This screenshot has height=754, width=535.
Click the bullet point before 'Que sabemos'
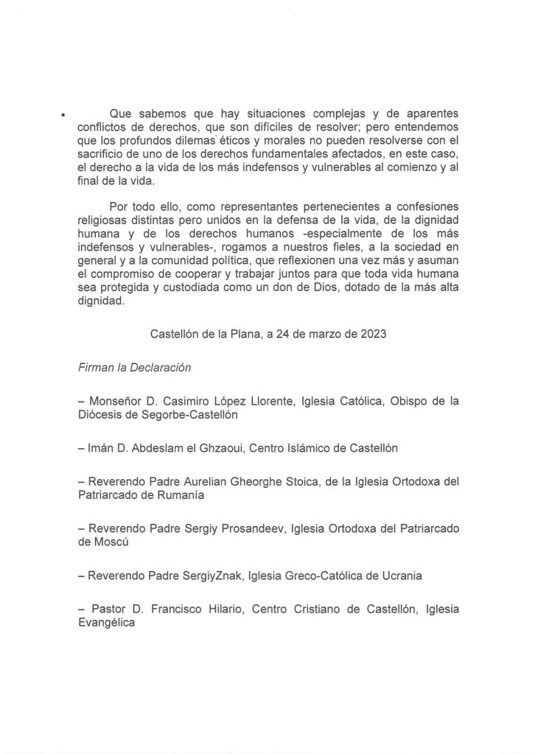(x=64, y=116)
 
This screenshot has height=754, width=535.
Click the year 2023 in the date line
(x=371, y=333)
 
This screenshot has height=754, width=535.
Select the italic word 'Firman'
(x=97, y=367)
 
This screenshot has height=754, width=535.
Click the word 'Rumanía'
(x=176, y=495)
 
